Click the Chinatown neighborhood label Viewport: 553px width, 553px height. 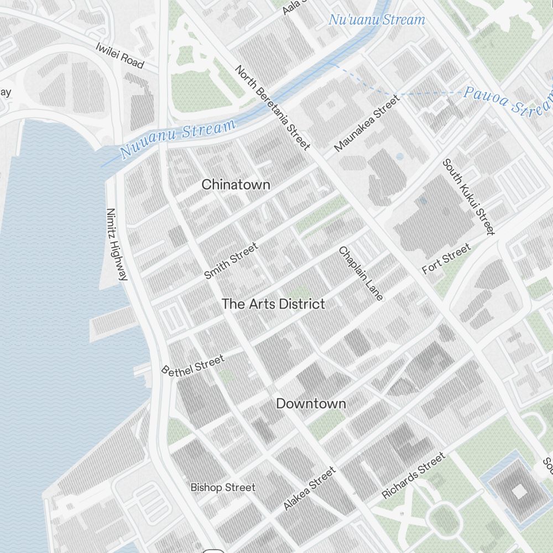coord(236,185)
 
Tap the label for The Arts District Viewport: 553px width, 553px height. coord(273,304)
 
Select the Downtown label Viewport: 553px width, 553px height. coord(311,404)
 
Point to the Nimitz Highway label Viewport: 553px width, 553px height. coord(117,244)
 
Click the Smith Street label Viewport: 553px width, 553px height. coord(231,261)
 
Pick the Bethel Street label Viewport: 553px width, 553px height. coord(192,365)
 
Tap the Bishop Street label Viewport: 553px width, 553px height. coord(223,488)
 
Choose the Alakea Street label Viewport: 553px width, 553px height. coord(309,489)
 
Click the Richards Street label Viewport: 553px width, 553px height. coord(413,475)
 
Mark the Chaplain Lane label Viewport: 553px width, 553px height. coord(361,274)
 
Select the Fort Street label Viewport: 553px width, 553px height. coord(446,259)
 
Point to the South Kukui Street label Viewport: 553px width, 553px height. coord(468,197)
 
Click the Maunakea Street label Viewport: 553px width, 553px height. coord(366,123)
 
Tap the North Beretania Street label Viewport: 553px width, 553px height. coord(272,107)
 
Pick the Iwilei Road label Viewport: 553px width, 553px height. coord(119,55)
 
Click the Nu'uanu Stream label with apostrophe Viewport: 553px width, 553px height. coord(377,20)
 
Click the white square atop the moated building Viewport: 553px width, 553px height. coord(519,491)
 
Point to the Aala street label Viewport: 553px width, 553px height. coord(291,7)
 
